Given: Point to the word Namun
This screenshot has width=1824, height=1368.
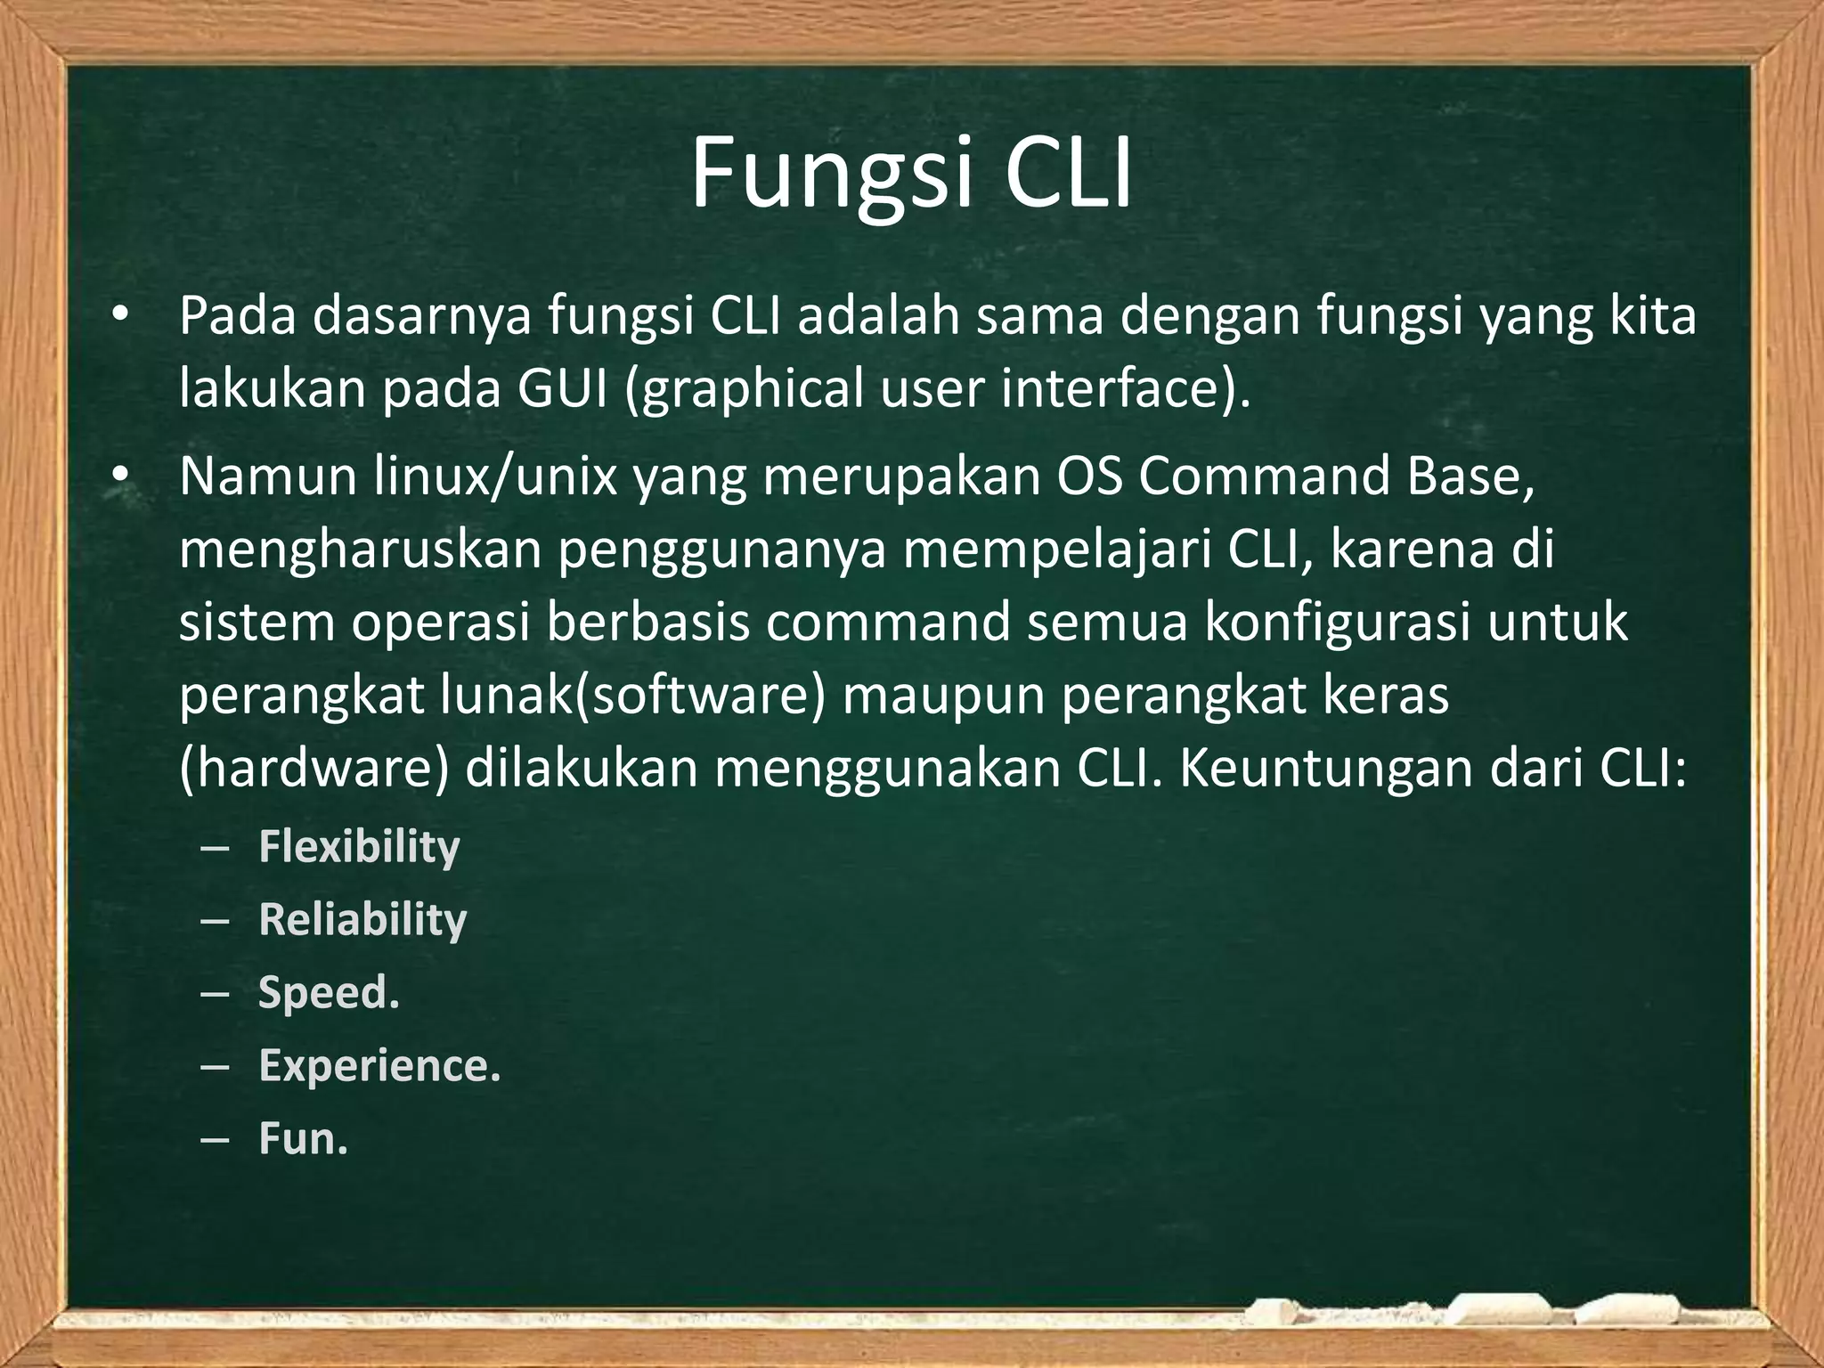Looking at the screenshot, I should click(267, 476).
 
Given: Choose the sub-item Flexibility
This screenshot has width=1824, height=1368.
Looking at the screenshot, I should click(359, 846).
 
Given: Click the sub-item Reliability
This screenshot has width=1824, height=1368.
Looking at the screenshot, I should click(362, 919).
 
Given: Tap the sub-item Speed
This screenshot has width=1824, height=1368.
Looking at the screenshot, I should click(329, 992).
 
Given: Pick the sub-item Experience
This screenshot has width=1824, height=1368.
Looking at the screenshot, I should click(379, 1065).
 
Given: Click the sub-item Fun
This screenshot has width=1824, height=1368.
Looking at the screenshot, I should click(303, 1138).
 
